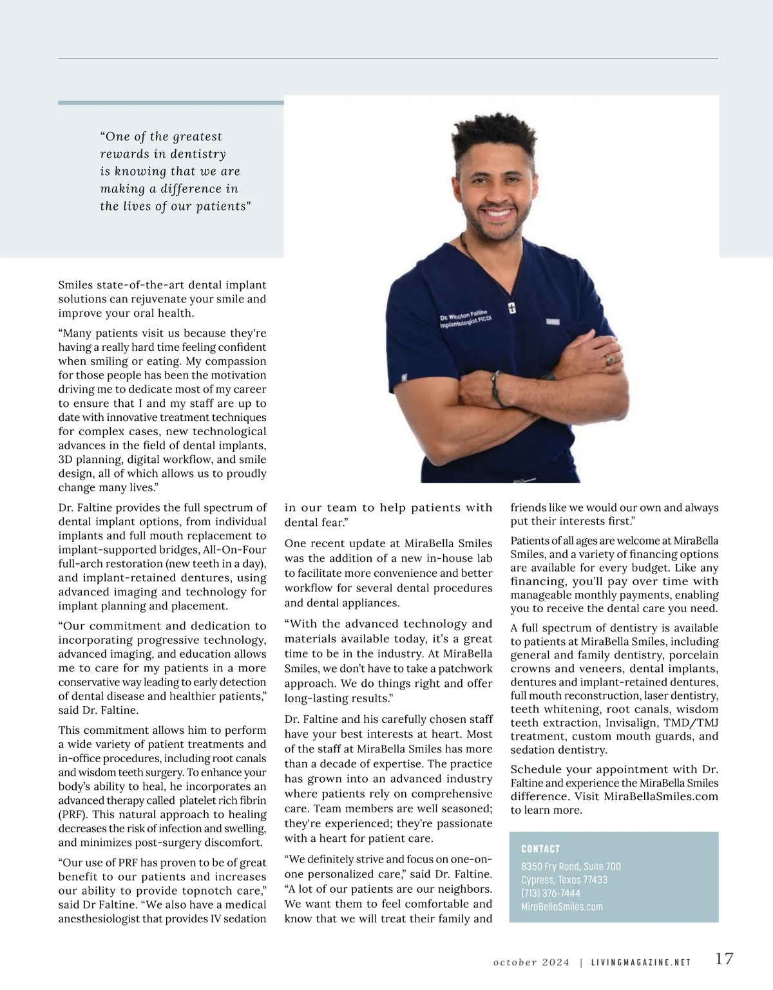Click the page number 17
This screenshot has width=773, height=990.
pos(724,958)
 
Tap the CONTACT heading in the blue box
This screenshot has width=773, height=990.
pos(540,849)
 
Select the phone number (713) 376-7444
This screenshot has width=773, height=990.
pos(551,893)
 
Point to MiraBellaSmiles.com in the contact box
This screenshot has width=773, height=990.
pos(562,907)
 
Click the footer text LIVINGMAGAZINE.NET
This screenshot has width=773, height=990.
pos(641,963)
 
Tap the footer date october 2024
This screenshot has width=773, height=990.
pos(531,963)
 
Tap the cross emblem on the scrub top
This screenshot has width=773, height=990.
pos(512,308)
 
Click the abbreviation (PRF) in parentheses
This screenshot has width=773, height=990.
pos(72,815)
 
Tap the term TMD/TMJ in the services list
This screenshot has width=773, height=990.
pos(691,723)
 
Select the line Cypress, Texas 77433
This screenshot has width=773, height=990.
pos(564,880)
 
